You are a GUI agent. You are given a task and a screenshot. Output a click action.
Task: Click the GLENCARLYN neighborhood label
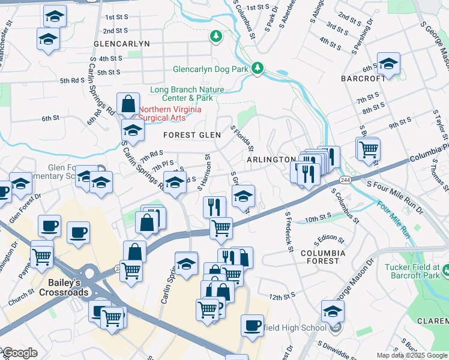tap(121, 44)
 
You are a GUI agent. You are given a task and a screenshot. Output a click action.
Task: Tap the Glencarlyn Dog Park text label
tap(210, 69)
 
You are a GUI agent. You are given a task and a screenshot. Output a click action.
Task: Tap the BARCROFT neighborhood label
tap(363, 79)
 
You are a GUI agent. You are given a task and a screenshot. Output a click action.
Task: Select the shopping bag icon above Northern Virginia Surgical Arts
tap(128, 104)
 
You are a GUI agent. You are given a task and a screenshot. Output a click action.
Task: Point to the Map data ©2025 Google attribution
tap(411, 355)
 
